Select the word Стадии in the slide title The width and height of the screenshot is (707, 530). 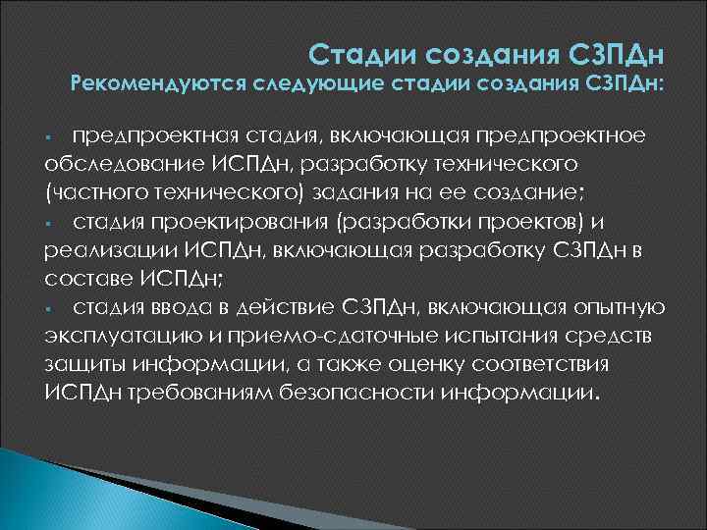(355, 51)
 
